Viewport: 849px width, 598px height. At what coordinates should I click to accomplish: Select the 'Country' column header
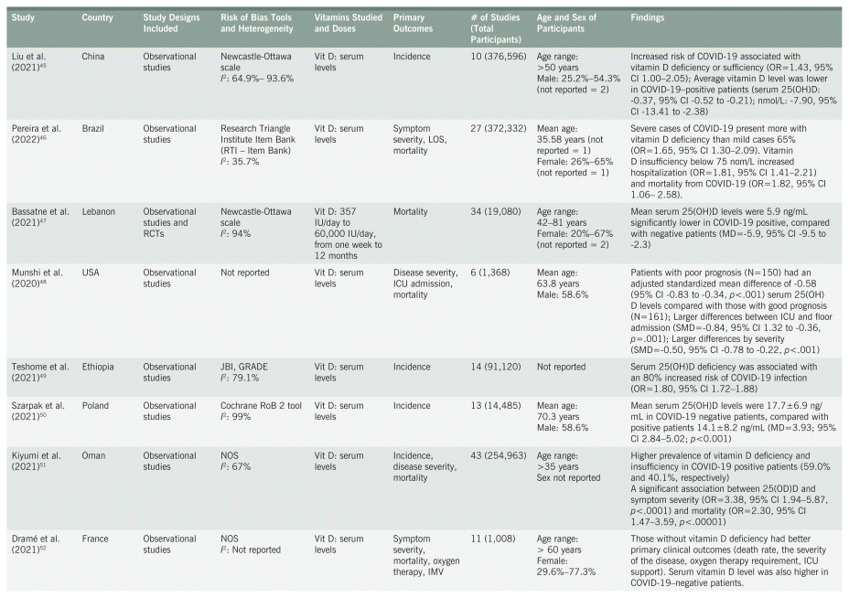click(x=97, y=18)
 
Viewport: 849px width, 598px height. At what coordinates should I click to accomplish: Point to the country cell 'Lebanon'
click(x=100, y=210)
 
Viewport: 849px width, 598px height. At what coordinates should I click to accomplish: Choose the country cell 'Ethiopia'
click(x=99, y=366)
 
